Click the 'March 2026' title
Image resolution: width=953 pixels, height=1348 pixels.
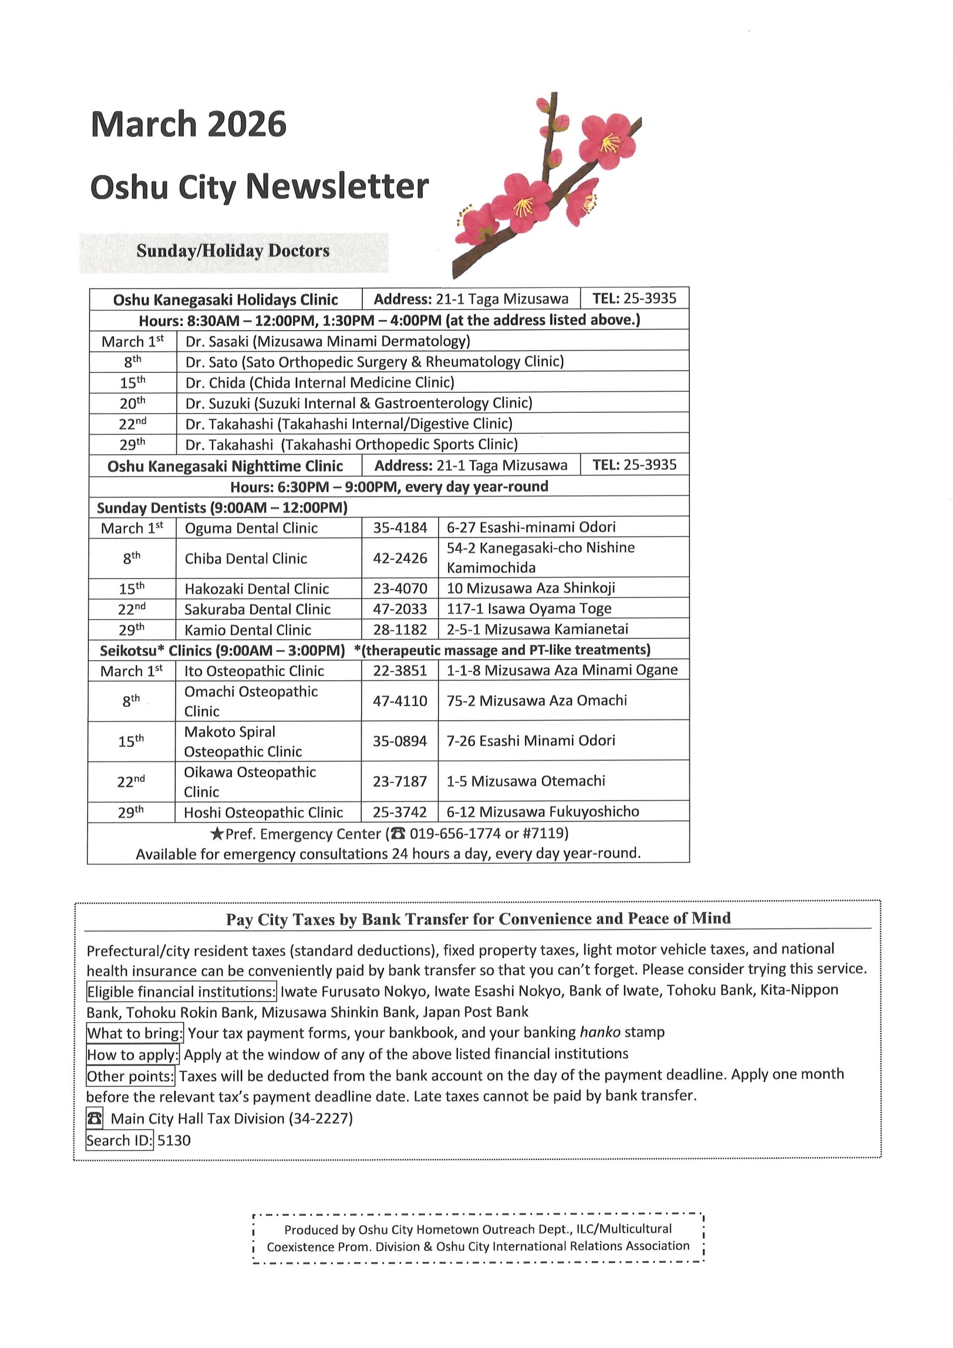(x=188, y=124)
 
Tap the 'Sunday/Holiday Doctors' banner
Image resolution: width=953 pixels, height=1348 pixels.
(x=233, y=251)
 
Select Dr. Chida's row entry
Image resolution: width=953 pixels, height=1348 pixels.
(x=320, y=383)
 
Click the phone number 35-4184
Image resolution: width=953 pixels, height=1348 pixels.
(x=400, y=528)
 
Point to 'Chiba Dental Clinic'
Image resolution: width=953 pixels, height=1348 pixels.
(x=245, y=558)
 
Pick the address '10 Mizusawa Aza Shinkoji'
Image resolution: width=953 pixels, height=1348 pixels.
(x=530, y=588)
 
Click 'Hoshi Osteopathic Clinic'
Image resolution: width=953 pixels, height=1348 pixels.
(x=263, y=812)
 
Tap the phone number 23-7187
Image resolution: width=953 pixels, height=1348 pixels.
(x=399, y=781)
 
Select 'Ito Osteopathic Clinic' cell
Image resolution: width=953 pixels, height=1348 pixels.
(x=254, y=671)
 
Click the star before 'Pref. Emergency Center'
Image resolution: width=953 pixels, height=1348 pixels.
(x=216, y=834)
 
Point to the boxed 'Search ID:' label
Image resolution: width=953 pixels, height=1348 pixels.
(x=119, y=1140)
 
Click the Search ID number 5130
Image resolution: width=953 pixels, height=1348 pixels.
(x=174, y=1140)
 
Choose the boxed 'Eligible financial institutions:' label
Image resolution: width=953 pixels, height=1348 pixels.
(x=181, y=992)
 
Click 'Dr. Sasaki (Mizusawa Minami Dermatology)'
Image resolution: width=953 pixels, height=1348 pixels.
(x=327, y=341)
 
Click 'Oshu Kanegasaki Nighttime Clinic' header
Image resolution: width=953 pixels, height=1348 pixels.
(x=225, y=466)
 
